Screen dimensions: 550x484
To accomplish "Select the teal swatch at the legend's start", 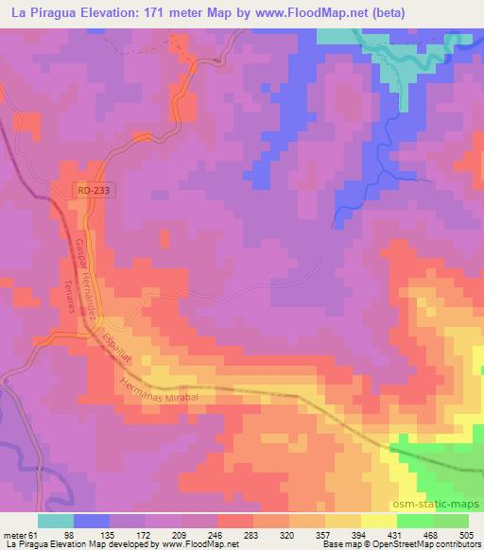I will (x=56, y=521).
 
